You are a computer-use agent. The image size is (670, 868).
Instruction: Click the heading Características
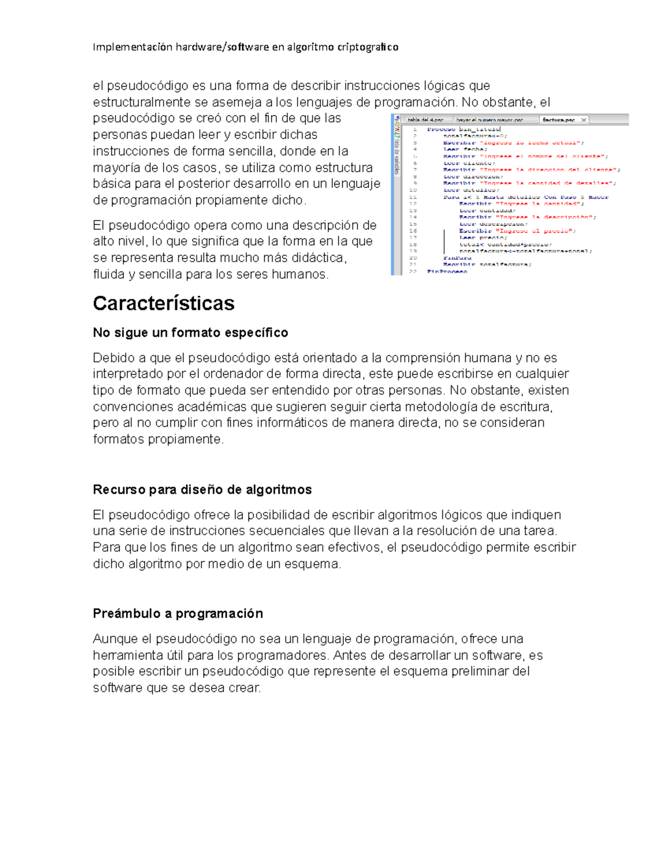click(164, 303)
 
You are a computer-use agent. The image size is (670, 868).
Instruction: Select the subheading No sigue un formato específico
click(190, 333)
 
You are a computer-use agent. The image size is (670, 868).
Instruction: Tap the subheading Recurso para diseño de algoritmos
click(202, 490)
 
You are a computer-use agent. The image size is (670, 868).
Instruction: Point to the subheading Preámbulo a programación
click(178, 613)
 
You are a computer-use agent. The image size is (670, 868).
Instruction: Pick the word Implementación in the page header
click(132, 47)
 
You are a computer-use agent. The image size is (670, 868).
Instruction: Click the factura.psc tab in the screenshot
click(558, 120)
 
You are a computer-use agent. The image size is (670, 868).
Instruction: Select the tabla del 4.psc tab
click(425, 120)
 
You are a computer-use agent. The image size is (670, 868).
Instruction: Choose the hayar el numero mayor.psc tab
click(490, 120)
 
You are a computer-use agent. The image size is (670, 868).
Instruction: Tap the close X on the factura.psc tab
click(583, 120)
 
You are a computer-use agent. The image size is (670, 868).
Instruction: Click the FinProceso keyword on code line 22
click(447, 272)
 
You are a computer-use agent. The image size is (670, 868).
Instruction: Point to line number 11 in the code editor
click(413, 197)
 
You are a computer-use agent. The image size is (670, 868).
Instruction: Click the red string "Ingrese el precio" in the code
click(535, 231)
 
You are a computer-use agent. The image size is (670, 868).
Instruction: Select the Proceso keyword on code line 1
click(441, 129)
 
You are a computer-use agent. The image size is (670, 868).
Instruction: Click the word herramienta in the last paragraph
click(125, 655)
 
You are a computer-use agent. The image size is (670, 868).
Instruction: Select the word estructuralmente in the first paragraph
click(142, 102)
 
